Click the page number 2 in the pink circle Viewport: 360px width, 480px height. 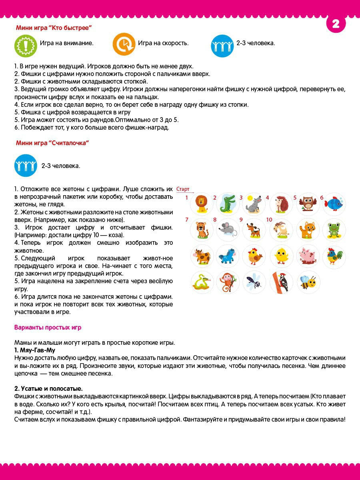pos(336,24)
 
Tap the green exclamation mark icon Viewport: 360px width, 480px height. pos(26,45)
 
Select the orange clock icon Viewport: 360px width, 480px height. pos(124,44)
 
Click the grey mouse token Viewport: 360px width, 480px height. pos(228,230)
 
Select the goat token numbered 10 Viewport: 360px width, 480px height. pos(281,230)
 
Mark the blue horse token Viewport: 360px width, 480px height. pos(228,256)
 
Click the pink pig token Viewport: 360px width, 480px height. pos(308,256)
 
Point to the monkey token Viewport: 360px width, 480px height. pos(228,282)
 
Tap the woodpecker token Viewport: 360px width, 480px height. pos(281,282)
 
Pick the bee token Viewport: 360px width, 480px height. pos(308,282)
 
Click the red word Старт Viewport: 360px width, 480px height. pos(182,189)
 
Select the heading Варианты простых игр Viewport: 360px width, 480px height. pos(48,328)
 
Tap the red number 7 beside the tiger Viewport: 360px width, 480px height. pos(186,220)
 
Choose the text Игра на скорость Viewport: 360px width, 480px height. pos(163,43)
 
